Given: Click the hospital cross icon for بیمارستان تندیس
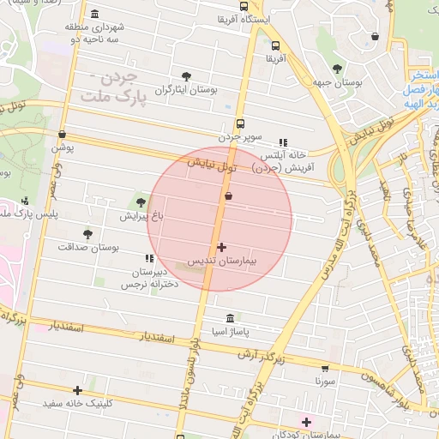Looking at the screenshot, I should click(x=222, y=247).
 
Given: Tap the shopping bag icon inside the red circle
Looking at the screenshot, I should click(x=228, y=196).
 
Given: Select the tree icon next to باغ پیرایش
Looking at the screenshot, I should click(x=141, y=202).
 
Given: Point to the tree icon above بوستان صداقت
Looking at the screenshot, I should click(x=87, y=233).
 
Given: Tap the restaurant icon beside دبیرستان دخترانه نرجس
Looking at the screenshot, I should click(x=150, y=257).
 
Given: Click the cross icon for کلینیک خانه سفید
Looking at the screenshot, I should click(x=78, y=390).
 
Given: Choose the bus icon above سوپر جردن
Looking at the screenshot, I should click(x=239, y=123).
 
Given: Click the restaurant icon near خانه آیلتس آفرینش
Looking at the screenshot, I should click(x=283, y=142).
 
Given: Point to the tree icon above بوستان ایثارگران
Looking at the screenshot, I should click(x=187, y=75).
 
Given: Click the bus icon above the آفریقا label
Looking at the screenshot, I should click(x=274, y=46).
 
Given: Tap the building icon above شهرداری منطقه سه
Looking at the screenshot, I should click(x=93, y=13).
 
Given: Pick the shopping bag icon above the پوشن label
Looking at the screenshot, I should click(x=62, y=134).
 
